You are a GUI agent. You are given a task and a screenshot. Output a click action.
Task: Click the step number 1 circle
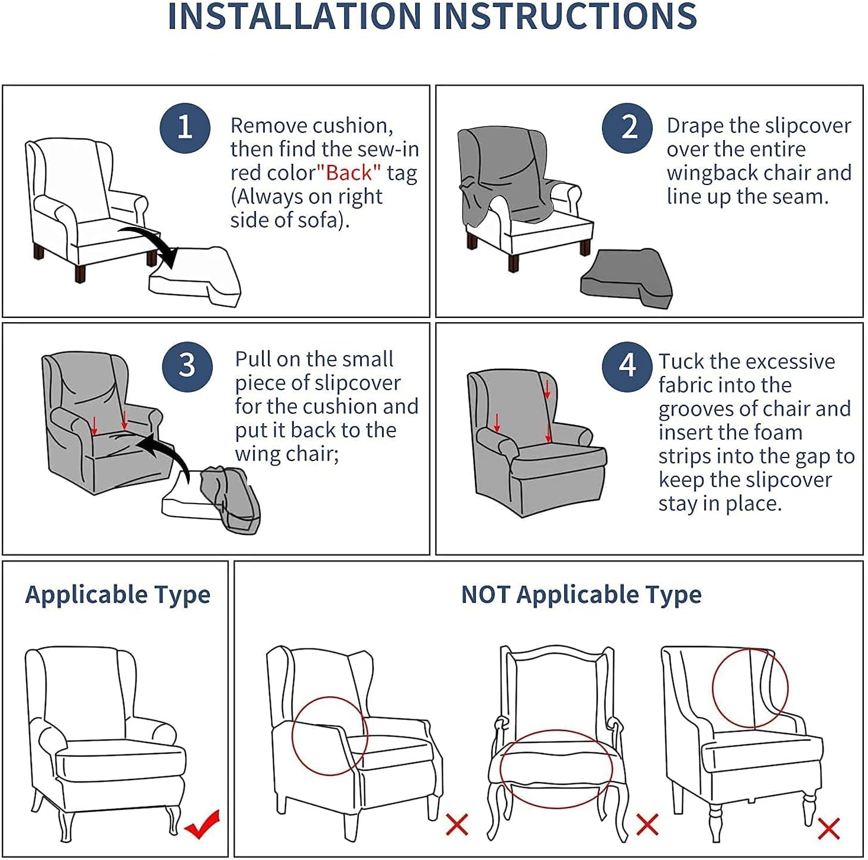coord(184,128)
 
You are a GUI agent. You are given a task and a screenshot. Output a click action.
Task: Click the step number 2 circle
coord(627,128)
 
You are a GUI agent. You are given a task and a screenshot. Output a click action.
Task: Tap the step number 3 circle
coord(187,366)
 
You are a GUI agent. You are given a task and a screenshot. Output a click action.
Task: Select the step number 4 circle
coord(627,366)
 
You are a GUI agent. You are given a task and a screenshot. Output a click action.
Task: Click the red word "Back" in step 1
coord(349,173)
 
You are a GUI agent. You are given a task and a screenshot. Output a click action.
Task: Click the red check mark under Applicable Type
coord(202,824)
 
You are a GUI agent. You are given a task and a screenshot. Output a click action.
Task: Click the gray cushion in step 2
coord(626,279)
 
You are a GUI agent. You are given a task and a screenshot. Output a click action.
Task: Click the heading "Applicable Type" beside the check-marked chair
coord(118,595)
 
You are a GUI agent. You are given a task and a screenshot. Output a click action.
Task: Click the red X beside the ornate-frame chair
coord(647,825)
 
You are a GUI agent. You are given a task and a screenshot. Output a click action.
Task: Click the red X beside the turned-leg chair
coord(828,829)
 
